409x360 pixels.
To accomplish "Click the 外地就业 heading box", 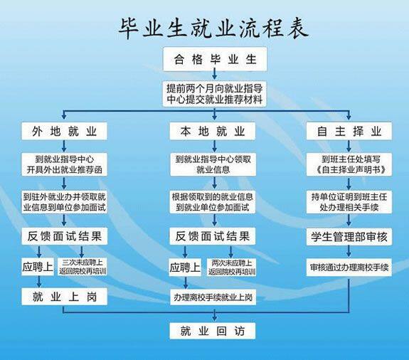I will (64, 132).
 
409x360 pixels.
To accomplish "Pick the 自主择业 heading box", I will (349, 132).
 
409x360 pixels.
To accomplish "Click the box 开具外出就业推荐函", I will (64, 164).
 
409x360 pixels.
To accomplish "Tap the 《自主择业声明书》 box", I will (349, 164).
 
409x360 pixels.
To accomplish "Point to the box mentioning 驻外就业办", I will (64, 201).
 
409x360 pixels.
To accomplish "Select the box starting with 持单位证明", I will (349, 201).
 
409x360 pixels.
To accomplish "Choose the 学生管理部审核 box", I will (349, 235).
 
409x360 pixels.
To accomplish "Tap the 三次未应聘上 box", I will (84, 268).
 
